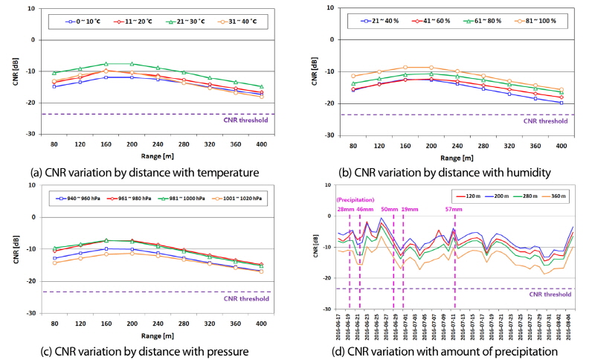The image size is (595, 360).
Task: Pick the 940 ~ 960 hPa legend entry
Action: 87,199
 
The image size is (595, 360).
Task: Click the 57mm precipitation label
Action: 454,210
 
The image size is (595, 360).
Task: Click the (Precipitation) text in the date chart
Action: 356,199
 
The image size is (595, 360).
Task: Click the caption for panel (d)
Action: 445,350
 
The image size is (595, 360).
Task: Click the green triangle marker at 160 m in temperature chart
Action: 106,64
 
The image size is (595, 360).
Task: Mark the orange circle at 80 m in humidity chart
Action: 353,76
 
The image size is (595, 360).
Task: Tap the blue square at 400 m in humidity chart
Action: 561,103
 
